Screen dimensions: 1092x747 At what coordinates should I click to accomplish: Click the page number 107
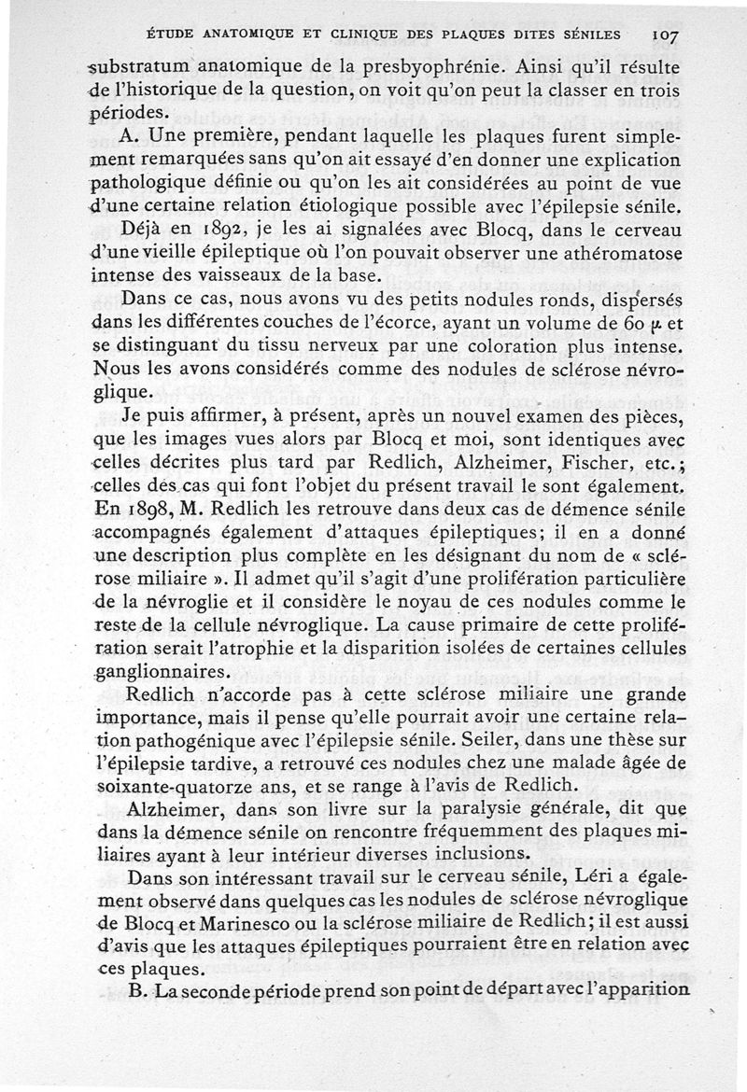click(x=664, y=35)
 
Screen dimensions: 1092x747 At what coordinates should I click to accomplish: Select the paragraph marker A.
click(x=130, y=133)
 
